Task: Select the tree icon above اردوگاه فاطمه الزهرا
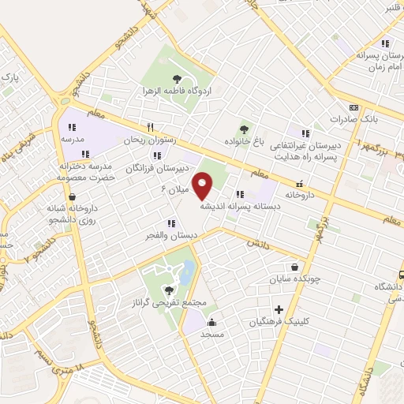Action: (176, 78)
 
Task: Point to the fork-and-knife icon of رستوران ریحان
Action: (149, 127)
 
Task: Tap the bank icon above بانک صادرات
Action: (353, 107)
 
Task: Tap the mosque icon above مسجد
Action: (211, 322)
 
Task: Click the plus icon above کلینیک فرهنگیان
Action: (279, 309)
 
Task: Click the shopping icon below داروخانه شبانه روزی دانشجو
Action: (73, 198)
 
